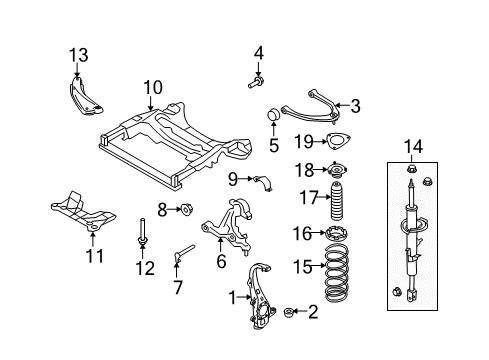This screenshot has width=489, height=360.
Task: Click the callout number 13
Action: pyautogui.click(x=77, y=54)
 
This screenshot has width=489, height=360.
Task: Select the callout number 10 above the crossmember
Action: pyautogui.click(x=151, y=88)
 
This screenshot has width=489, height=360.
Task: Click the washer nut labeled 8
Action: pyautogui.click(x=186, y=209)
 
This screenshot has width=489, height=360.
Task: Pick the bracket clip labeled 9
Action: pyautogui.click(x=263, y=180)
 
